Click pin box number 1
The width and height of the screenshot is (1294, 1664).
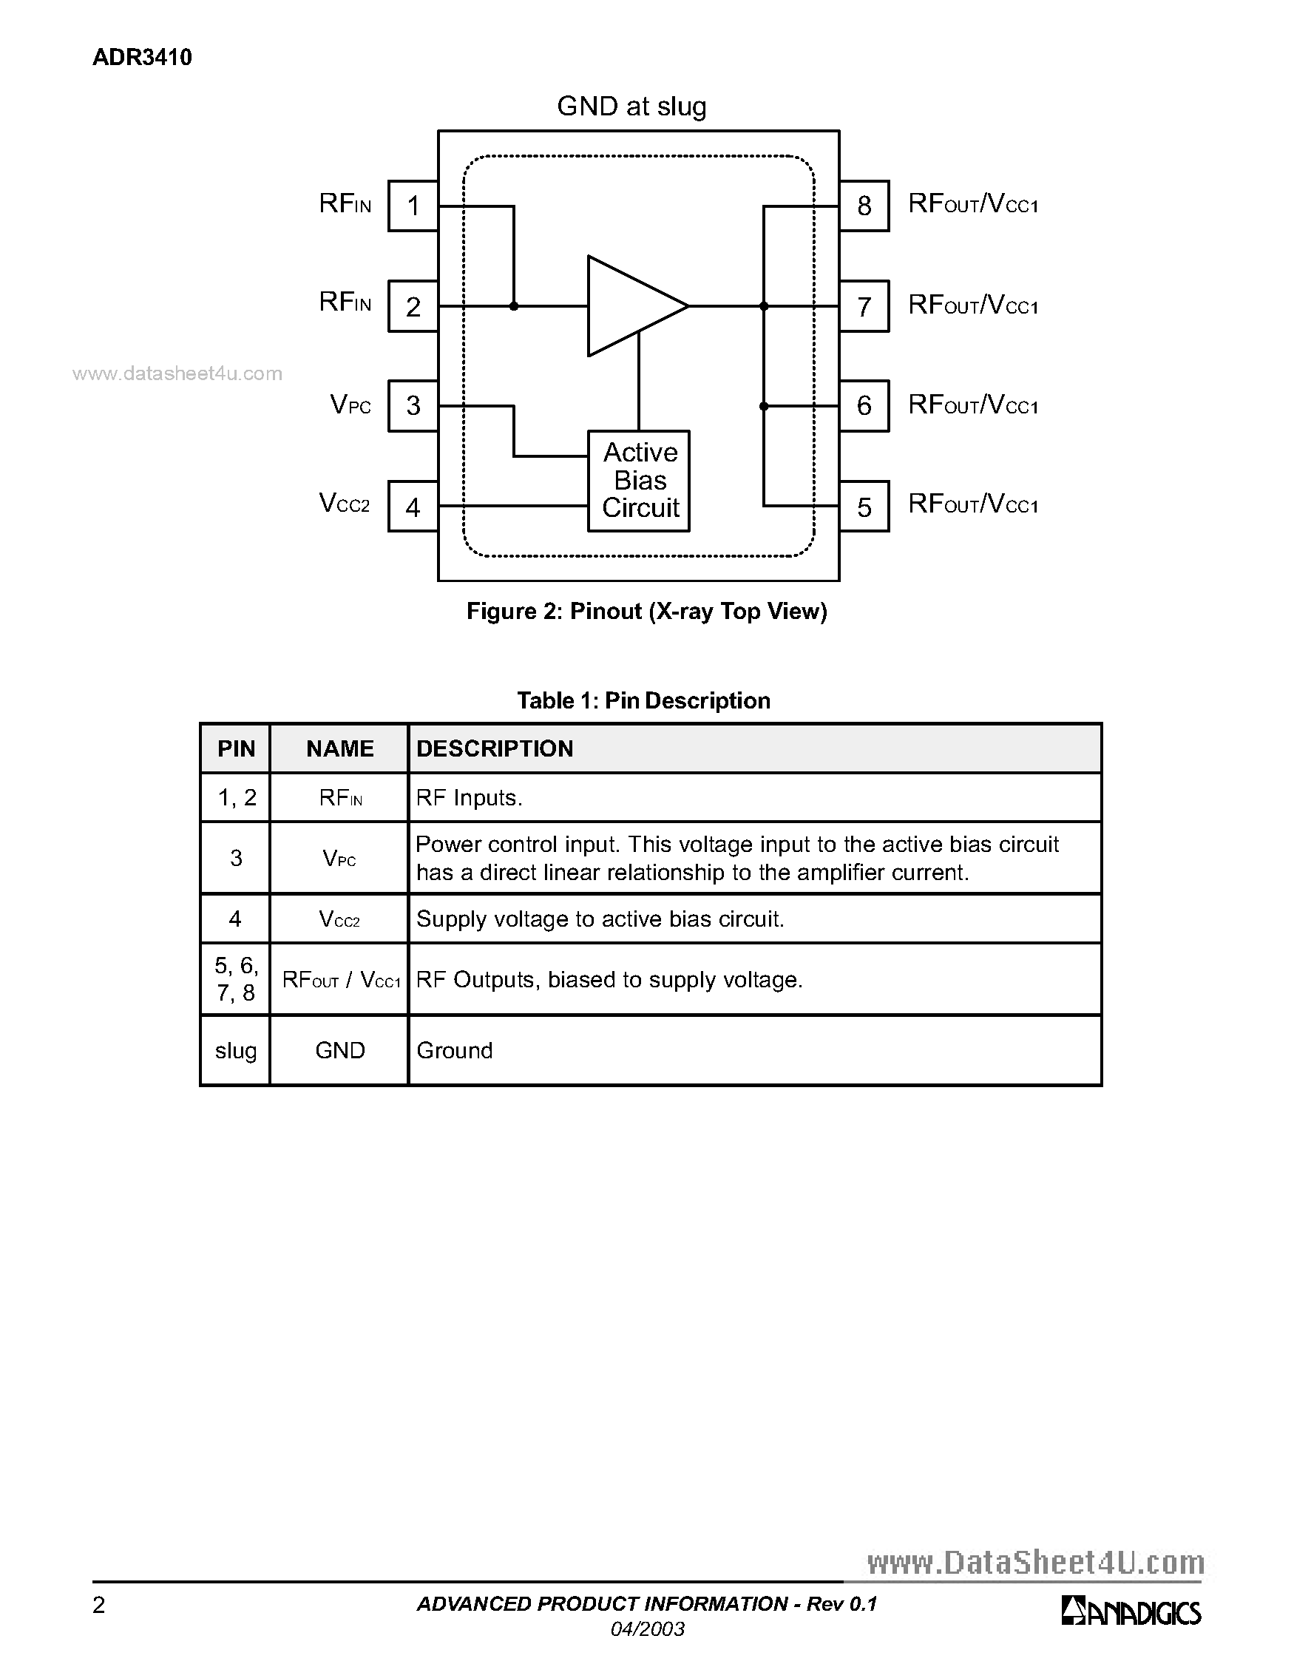click(413, 206)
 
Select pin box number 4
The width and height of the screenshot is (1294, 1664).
click(413, 507)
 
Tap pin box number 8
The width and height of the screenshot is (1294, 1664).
click(864, 206)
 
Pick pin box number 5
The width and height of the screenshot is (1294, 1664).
click(864, 507)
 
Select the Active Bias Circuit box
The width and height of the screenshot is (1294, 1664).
click(639, 481)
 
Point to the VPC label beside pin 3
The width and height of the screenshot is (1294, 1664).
click(350, 405)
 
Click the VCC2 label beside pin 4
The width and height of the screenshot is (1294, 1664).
click(345, 504)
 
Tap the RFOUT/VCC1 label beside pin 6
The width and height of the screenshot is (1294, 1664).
click(973, 405)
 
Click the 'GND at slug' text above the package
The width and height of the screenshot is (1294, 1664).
click(631, 106)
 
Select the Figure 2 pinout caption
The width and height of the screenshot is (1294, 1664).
click(646, 611)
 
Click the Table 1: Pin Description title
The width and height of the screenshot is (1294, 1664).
click(643, 700)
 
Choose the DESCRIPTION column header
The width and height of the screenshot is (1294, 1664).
click(495, 748)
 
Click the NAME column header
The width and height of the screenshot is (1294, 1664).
click(339, 748)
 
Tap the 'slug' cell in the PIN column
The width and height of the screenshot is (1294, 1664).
click(235, 1051)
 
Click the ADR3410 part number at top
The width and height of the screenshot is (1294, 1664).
click(143, 57)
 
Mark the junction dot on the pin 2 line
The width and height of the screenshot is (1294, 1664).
click(514, 306)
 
